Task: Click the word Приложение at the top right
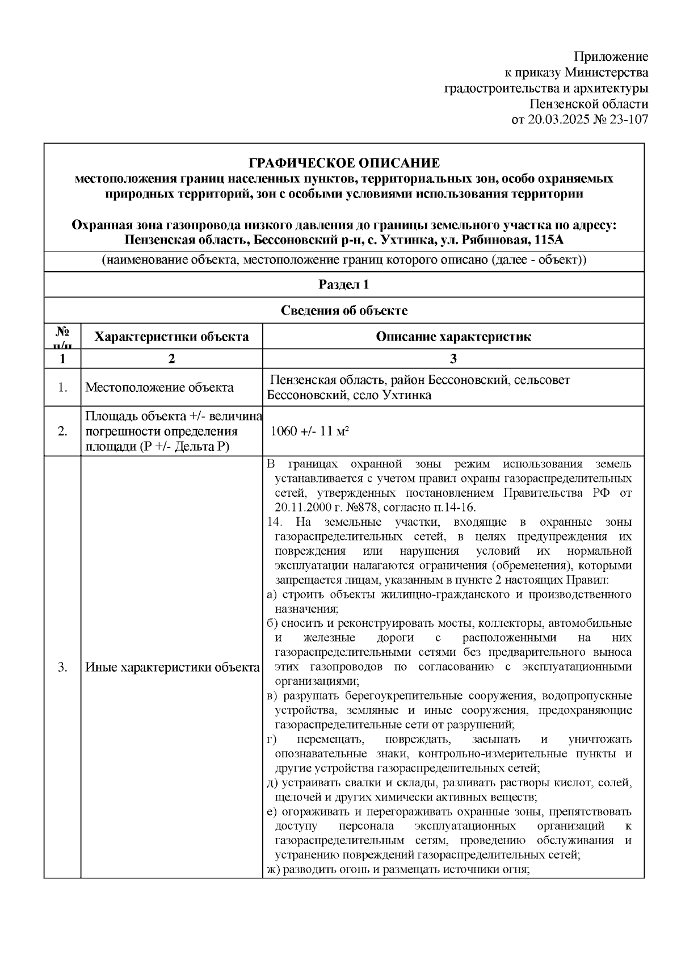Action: [611, 57]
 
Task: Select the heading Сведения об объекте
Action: [344, 311]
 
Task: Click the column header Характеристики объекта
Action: [171, 337]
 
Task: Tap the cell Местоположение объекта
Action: [159, 388]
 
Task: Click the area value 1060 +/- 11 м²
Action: [310, 431]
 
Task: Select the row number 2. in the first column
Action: [62, 431]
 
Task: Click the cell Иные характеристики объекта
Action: [172, 667]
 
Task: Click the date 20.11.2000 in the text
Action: [303, 507]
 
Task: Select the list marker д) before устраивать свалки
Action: [272, 783]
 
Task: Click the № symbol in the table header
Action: [62, 331]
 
